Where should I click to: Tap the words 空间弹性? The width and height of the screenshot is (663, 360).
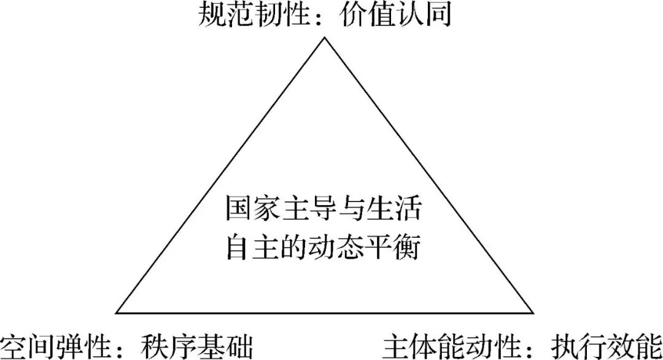[55, 346]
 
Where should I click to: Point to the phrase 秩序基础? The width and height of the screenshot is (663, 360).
[197, 346]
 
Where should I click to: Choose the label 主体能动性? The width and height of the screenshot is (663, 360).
[451, 346]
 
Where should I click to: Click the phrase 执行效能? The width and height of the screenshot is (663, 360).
[607, 346]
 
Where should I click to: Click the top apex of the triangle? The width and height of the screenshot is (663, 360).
[324, 37]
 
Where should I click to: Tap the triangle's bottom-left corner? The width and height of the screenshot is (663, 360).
[116, 313]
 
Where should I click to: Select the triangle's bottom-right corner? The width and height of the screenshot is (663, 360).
[533, 313]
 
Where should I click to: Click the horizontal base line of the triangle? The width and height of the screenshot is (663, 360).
[324, 313]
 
